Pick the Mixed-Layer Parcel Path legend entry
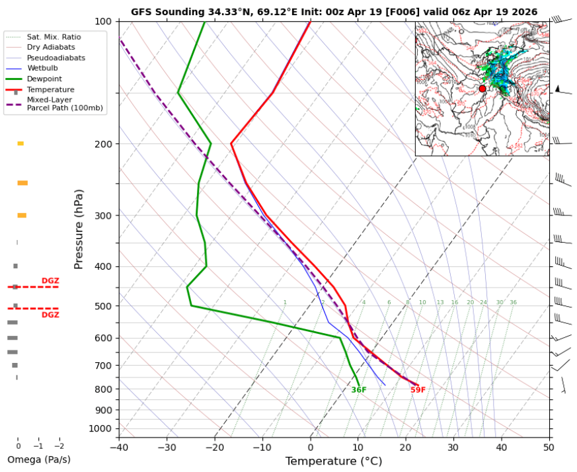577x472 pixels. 65,104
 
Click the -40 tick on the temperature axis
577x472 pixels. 119,447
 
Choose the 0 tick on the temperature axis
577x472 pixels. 310,447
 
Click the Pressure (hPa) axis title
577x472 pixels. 79,229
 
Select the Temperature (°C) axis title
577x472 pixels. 334,461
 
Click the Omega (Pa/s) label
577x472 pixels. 38,459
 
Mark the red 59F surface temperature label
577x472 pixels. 418,390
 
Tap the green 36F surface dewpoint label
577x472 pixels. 359,390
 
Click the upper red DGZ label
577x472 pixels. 50,281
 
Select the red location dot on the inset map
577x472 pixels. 482,89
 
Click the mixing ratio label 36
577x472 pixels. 513,303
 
